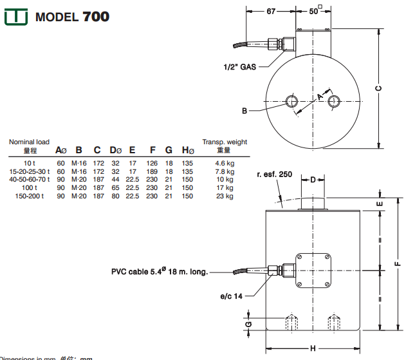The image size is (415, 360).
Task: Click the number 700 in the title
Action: point(96,16)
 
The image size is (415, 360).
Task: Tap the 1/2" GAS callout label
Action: point(240,66)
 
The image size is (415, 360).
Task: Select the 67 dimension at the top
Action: point(270,11)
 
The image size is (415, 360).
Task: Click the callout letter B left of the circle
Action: point(244,111)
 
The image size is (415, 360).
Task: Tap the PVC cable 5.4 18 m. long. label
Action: point(160,272)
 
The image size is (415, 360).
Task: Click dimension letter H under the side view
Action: point(312,348)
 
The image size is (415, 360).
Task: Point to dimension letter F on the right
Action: point(398,263)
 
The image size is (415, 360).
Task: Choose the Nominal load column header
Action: point(29,142)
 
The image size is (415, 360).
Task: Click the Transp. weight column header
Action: point(225,142)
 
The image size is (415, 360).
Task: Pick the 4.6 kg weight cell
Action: point(225,164)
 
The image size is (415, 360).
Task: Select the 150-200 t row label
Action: point(29,196)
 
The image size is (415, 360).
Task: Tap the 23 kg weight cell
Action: point(225,196)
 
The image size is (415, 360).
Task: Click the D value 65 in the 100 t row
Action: point(115,188)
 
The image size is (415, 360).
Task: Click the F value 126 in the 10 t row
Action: point(152,164)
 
